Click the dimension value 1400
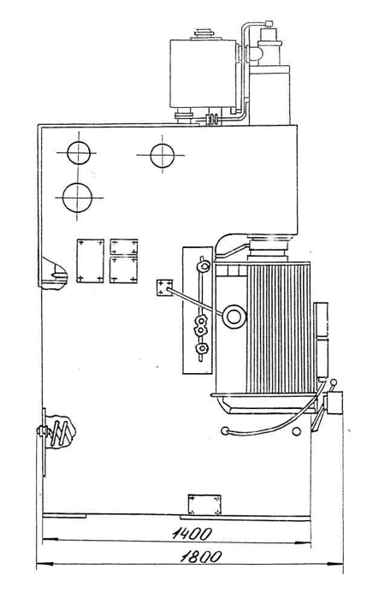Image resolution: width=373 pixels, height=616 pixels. [x=192, y=533]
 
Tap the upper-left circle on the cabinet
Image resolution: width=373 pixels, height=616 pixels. [x=79, y=153]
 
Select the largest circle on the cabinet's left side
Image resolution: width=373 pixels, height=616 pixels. [x=77, y=198]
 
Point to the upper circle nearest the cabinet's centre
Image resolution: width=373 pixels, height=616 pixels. [x=163, y=156]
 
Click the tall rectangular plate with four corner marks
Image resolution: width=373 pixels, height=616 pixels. [x=91, y=260]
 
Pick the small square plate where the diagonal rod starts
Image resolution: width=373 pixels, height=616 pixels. [x=164, y=287]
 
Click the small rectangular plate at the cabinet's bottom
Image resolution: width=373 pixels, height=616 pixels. [x=204, y=505]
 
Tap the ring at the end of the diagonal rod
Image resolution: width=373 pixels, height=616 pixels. [x=234, y=317]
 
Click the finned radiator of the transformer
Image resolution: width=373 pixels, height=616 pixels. [x=280, y=328]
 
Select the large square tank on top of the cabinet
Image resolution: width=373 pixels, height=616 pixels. [x=203, y=73]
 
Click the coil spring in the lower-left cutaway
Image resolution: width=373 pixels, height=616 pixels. [x=61, y=432]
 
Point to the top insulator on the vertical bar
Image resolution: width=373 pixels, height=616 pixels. [x=204, y=267]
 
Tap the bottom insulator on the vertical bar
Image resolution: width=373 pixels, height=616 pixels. [x=202, y=347]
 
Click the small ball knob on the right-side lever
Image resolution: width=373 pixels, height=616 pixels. [x=334, y=382]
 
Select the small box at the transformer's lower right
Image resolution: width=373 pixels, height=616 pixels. [x=334, y=403]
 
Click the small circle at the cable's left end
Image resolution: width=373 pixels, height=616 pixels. [x=225, y=431]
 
